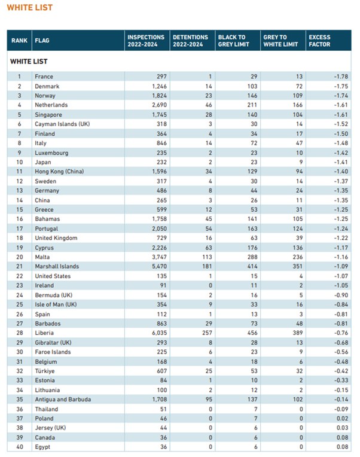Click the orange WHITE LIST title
tap(30, 8)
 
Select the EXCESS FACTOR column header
tap(319, 41)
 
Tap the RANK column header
tap(19, 41)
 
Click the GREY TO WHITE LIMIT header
tap(280, 41)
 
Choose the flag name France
tap(44, 77)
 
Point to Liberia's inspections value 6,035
tap(159, 333)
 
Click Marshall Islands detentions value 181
tap(207, 266)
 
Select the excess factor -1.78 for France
tap(341, 77)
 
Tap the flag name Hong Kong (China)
tap(59, 171)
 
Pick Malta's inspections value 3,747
tap(159, 257)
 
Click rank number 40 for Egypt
tap(20, 447)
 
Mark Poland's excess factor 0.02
tap(342, 419)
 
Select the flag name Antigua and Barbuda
tap(63, 400)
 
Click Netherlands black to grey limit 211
tap(252, 105)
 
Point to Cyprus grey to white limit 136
tap(298, 248)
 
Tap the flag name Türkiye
tap(45, 371)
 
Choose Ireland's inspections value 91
tap(163, 286)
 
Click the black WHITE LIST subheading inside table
tap(29, 62)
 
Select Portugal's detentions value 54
tap(209, 228)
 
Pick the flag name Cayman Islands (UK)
tap(62, 124)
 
